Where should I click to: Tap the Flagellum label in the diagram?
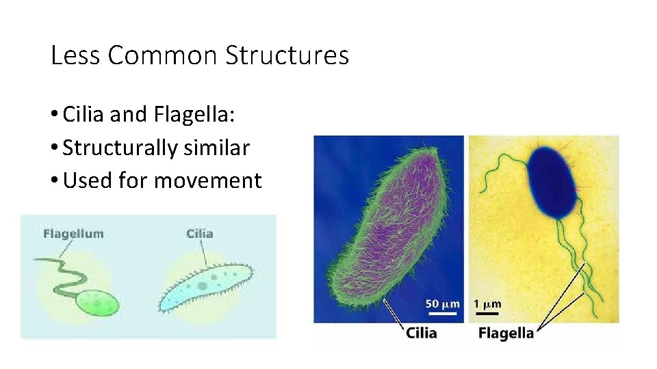(73, 234)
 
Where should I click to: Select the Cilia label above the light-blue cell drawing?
(199, 234)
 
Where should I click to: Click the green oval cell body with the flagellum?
(98, 303)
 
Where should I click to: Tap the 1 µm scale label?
(487, 303)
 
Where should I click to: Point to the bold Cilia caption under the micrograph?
(421, 333)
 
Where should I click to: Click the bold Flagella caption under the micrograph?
(506, 333)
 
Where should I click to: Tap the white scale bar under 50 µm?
(439, 314)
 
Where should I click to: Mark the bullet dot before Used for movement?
(55, 181)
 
